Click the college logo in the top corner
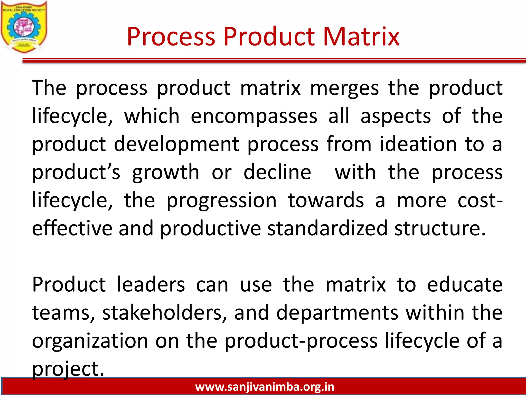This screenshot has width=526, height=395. click(x=24, y=27)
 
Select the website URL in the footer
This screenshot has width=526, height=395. click(x=265, y=387)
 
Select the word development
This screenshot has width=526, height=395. click(x=176, y=145)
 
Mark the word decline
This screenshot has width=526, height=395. click(x=277, y=172)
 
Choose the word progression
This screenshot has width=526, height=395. click(x=221, y=201)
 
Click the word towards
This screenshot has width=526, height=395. click(x=326, y=201)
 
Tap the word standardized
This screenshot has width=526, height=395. click(x=327, y=228)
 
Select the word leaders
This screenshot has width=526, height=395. click(x=151, y=285)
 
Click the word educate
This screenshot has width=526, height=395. click(x=465, y=285)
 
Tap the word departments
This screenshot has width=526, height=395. click(x=337, y=313)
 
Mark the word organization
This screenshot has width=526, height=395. click(x=90, y=341)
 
